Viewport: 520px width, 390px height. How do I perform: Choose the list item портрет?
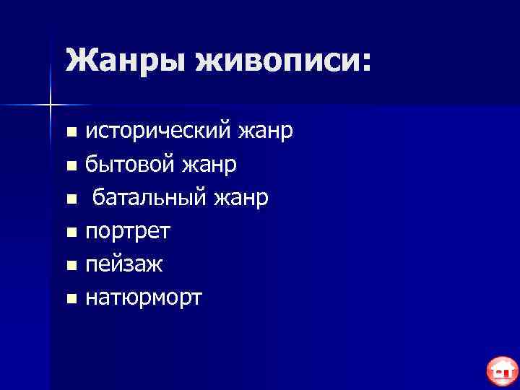[x=128, y=231]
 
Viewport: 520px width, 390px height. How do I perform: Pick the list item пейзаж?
[x=123, y=264]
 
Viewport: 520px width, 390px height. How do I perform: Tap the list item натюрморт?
[x=144, y=298]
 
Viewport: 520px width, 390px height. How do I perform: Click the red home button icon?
[x=501, y=371]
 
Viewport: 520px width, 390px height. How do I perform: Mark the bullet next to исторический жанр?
[x=70, y=132]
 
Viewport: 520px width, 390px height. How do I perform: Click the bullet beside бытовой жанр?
[x=70, y=165]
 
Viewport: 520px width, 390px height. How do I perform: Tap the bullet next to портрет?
[x=70, y=233]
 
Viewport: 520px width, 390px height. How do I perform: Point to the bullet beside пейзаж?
[x=70, y=266]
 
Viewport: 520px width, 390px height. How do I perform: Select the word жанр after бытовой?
[x=210, y=164]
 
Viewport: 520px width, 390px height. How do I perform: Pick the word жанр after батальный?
[x=242, y=197]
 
